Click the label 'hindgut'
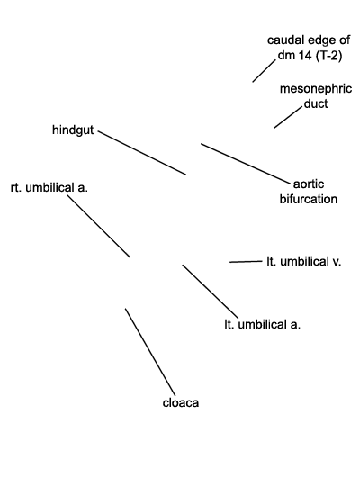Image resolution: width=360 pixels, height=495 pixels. tap(73, 130)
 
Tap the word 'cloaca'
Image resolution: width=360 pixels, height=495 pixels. tap(181, 403)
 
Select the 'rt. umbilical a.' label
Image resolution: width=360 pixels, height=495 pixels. tap(49, 188)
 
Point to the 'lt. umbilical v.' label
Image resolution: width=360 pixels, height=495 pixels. tap(304, 262)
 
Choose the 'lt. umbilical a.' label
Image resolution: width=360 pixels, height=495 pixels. tap(262, 325)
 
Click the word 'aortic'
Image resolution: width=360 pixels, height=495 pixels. tap(309, 184)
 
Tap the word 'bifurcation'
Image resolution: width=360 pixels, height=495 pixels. tap(309, 199)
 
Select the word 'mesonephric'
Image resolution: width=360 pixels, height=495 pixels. tap(316, 89)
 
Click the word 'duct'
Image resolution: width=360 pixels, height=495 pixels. tap(316, 103)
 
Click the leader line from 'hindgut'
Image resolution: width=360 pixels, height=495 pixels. tap(142, 153)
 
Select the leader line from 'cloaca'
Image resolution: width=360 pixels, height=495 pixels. tap(150, 352)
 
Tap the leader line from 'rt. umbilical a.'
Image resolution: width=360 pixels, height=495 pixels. tap(99, 227)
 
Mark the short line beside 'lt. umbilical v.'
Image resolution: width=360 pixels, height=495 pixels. tap(246, 262)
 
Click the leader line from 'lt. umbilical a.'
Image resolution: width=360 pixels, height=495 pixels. tap(211, 292)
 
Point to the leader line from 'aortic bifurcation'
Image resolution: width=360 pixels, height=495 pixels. tap(246, 164)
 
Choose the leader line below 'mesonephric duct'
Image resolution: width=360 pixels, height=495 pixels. tap(288, 117)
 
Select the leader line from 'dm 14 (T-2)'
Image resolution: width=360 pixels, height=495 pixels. tap(265, 71)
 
